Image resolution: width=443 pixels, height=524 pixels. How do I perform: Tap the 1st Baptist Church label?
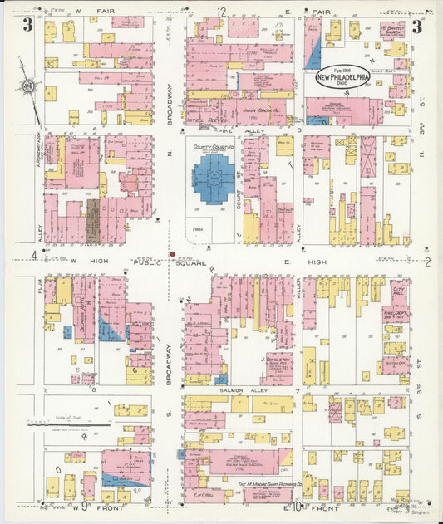[x=392, y=32]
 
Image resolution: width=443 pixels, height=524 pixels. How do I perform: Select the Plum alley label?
[x=39, y=286]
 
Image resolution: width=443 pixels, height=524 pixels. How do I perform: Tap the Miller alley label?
[x=298, y=286]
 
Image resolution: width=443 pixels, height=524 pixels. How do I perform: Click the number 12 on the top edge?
[x=221, y=11]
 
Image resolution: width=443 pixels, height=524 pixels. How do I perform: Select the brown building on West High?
[x=92, y=220]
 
